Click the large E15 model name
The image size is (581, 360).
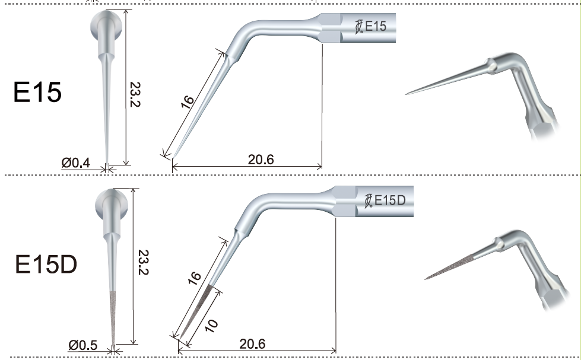37,92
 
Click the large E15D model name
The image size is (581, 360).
46,265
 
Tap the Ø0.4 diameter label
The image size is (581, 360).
75,163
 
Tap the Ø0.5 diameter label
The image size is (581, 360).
82,345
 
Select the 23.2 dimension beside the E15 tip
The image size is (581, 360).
135,94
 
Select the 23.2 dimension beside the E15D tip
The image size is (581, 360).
143,262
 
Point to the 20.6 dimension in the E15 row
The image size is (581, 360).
261,160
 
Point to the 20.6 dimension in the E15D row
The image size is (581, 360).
252,344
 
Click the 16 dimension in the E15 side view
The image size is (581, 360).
188,102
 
